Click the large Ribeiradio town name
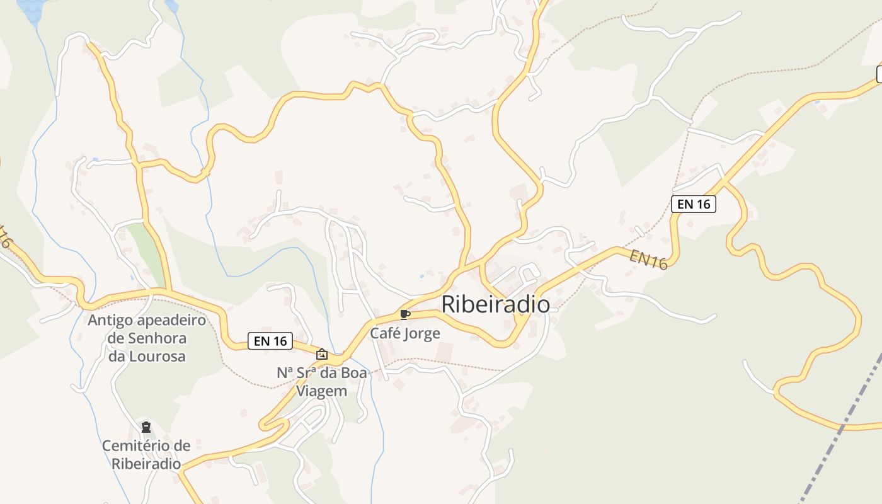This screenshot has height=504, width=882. click(495, 304)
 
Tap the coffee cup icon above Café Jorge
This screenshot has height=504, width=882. click(404, 314)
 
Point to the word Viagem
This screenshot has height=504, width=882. click(321, 391)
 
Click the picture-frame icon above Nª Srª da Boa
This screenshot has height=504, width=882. click(322, 354)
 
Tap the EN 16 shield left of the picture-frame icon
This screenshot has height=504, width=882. click(271, 341)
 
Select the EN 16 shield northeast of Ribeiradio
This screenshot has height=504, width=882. click(693, 203)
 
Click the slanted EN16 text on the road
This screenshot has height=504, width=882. click(648, 259)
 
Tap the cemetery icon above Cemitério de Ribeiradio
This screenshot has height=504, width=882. click(146, 427)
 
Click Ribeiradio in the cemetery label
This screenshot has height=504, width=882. click(146, 464)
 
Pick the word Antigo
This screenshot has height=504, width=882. click(110, 320)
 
